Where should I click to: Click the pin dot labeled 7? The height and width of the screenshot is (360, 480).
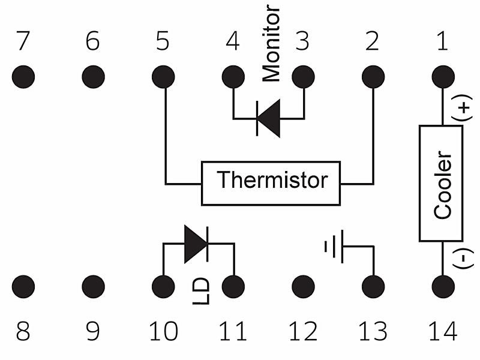click(x=23, y=77)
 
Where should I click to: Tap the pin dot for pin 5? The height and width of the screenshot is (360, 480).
click(x=163, y=77)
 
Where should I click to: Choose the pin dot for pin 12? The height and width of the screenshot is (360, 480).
click(x=303, y=285)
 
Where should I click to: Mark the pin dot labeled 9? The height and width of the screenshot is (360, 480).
click(x=92, y=285)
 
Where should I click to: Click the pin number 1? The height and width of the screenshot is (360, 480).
click(x=443, y=41)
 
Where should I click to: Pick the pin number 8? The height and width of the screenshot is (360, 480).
click(x=23, y=332)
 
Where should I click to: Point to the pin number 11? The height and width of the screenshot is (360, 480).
click(x=233, y=332)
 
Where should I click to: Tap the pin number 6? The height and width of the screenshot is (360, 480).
click(x=92, y=41)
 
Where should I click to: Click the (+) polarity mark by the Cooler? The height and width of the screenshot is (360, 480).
click(x=464, y=110)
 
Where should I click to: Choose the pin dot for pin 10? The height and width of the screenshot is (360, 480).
click(x=163, y=285)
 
